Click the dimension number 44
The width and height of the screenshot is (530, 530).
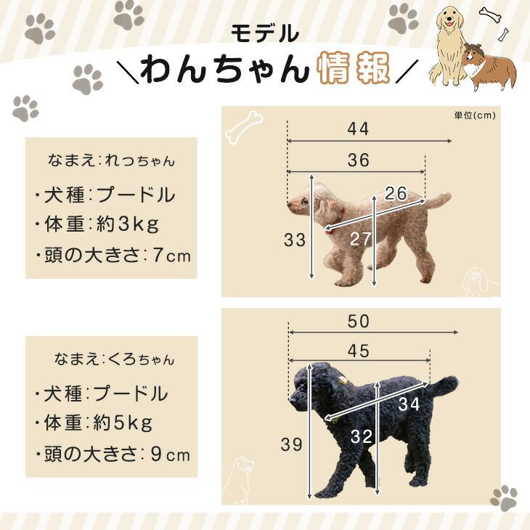pyautogui.click(x=358, y=129)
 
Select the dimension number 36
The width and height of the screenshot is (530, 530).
pyautogui.click(x=358, y=160)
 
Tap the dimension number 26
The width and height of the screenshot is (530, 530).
pyautogui.click(x=396, y=194)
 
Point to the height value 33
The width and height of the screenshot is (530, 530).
pyautogui.click(x=295, y=240)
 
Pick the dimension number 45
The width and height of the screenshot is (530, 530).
pyautogui.click(x=358, y=351)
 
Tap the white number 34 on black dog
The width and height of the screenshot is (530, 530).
pyautogui.click(x=409, y=405)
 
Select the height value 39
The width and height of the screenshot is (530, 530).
pyautogui.click(x=291, y=445)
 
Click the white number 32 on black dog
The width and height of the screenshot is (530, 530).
pyautogui.click(x=361, y=436)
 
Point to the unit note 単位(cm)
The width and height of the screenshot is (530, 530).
pyautogui.click(x=475, y=115)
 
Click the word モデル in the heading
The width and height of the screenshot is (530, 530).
pyautogui.click(x=265, y=33)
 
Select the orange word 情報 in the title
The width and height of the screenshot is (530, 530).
pyautogui.click(x=354, y=70)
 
